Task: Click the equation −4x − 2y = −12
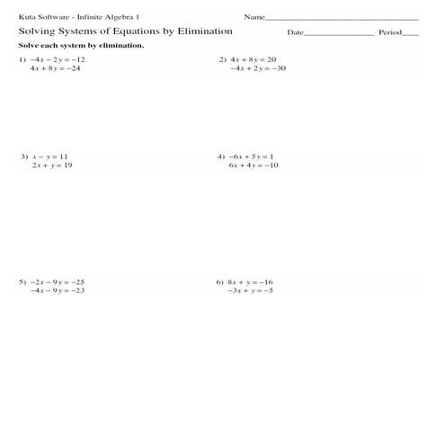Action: (x=58, y=58)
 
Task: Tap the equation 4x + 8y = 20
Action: (x=253, y=58)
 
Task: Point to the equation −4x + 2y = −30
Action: (x=258, y=67)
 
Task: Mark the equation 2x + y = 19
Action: (x=51, y=165)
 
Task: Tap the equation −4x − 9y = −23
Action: (x=58, y=290)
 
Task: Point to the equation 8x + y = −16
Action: (x=250, y=281)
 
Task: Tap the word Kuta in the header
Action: (x=26, y=17)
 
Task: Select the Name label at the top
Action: (x=254, y=17)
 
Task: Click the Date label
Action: (x=296, y=32)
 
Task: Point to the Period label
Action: (x=389, y=32)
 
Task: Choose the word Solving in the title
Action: (x=39, y=31)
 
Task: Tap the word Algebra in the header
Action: (x=120, y=17)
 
